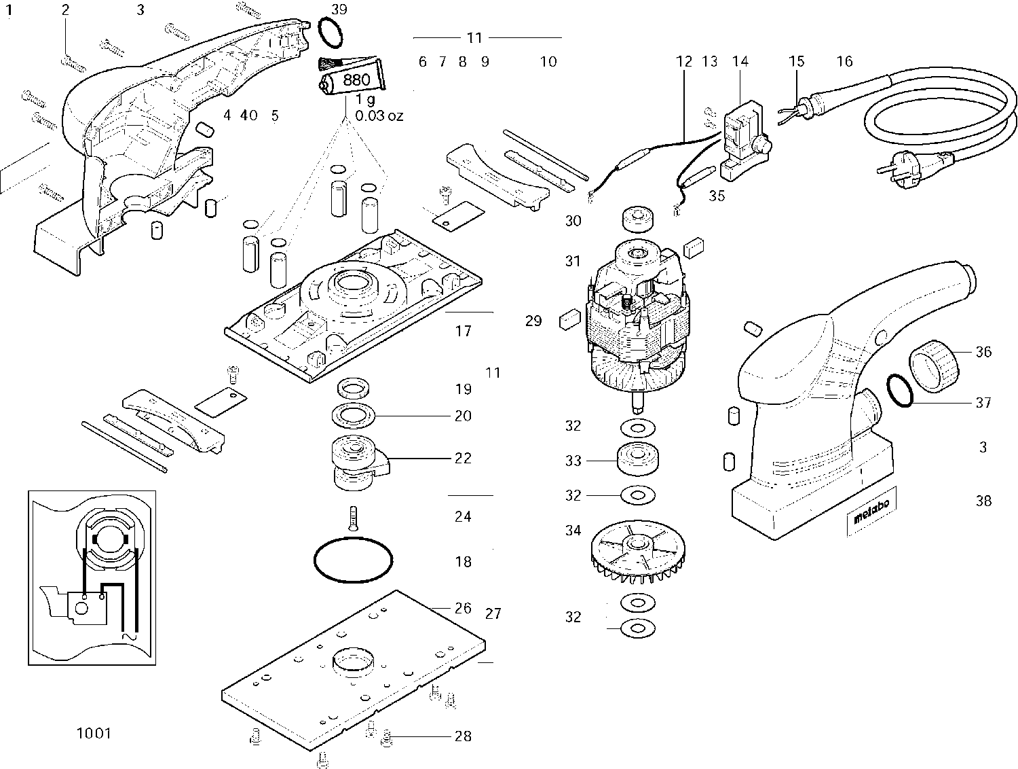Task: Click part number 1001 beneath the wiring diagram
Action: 94,734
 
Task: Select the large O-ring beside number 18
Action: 354,560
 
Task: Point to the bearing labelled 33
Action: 638,459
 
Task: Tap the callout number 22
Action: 463,458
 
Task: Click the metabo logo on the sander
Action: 871,512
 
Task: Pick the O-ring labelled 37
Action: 900,391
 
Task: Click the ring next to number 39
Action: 331,33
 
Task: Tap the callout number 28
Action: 463,736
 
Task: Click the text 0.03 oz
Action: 379,115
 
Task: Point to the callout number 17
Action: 463,331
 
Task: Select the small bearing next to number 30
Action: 637,219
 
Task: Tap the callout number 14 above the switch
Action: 740,61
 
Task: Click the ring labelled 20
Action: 354,415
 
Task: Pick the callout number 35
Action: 717,196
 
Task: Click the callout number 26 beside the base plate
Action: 463,608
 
